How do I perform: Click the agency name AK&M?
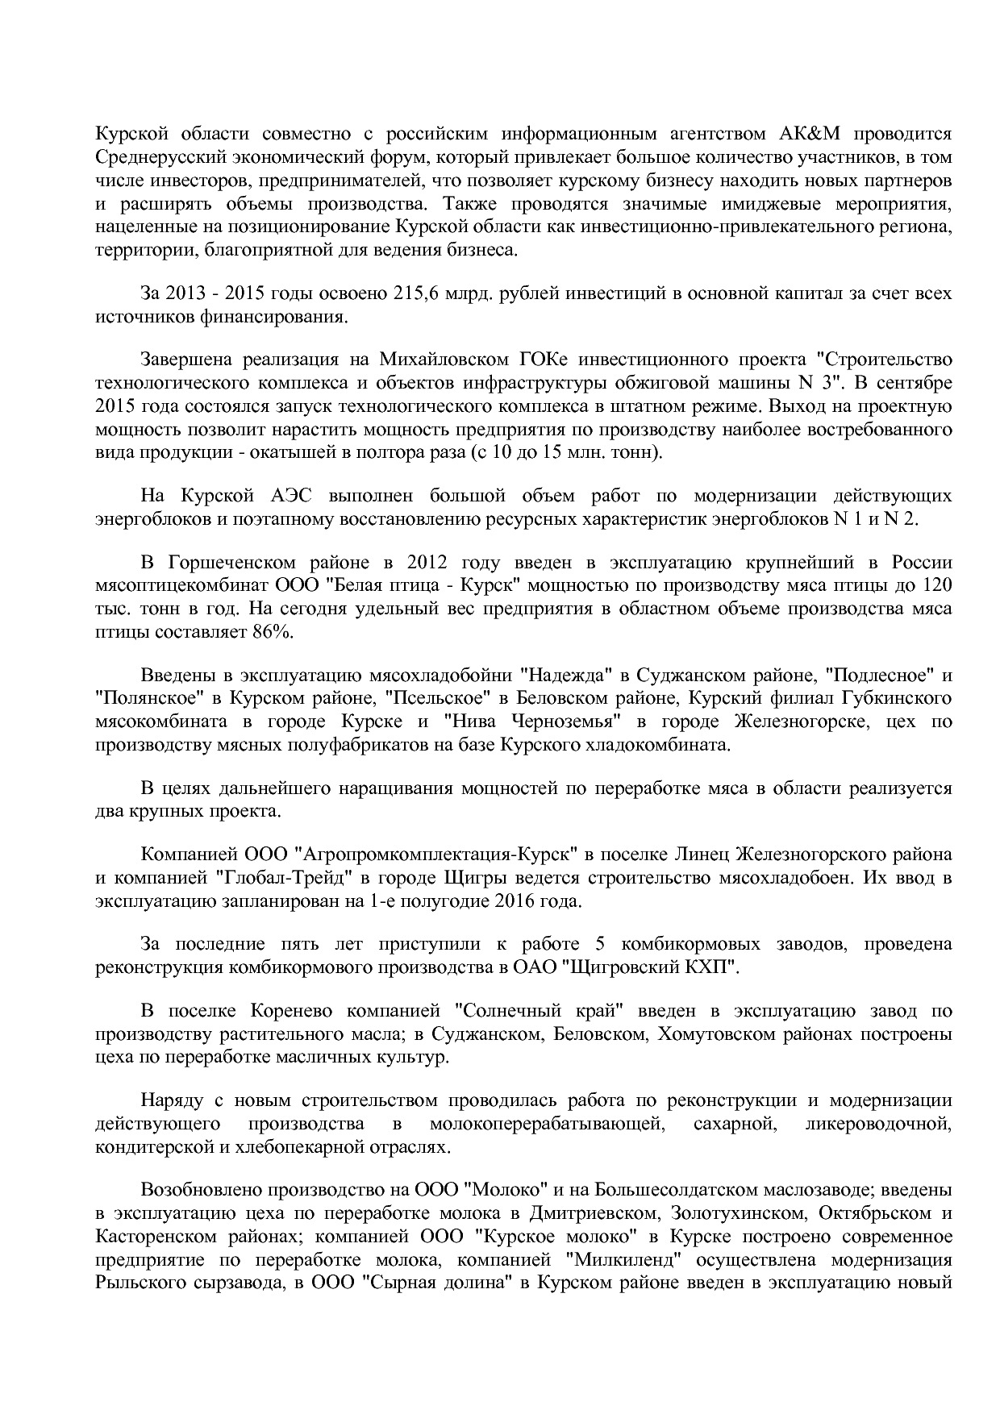click(x=816, y=133)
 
